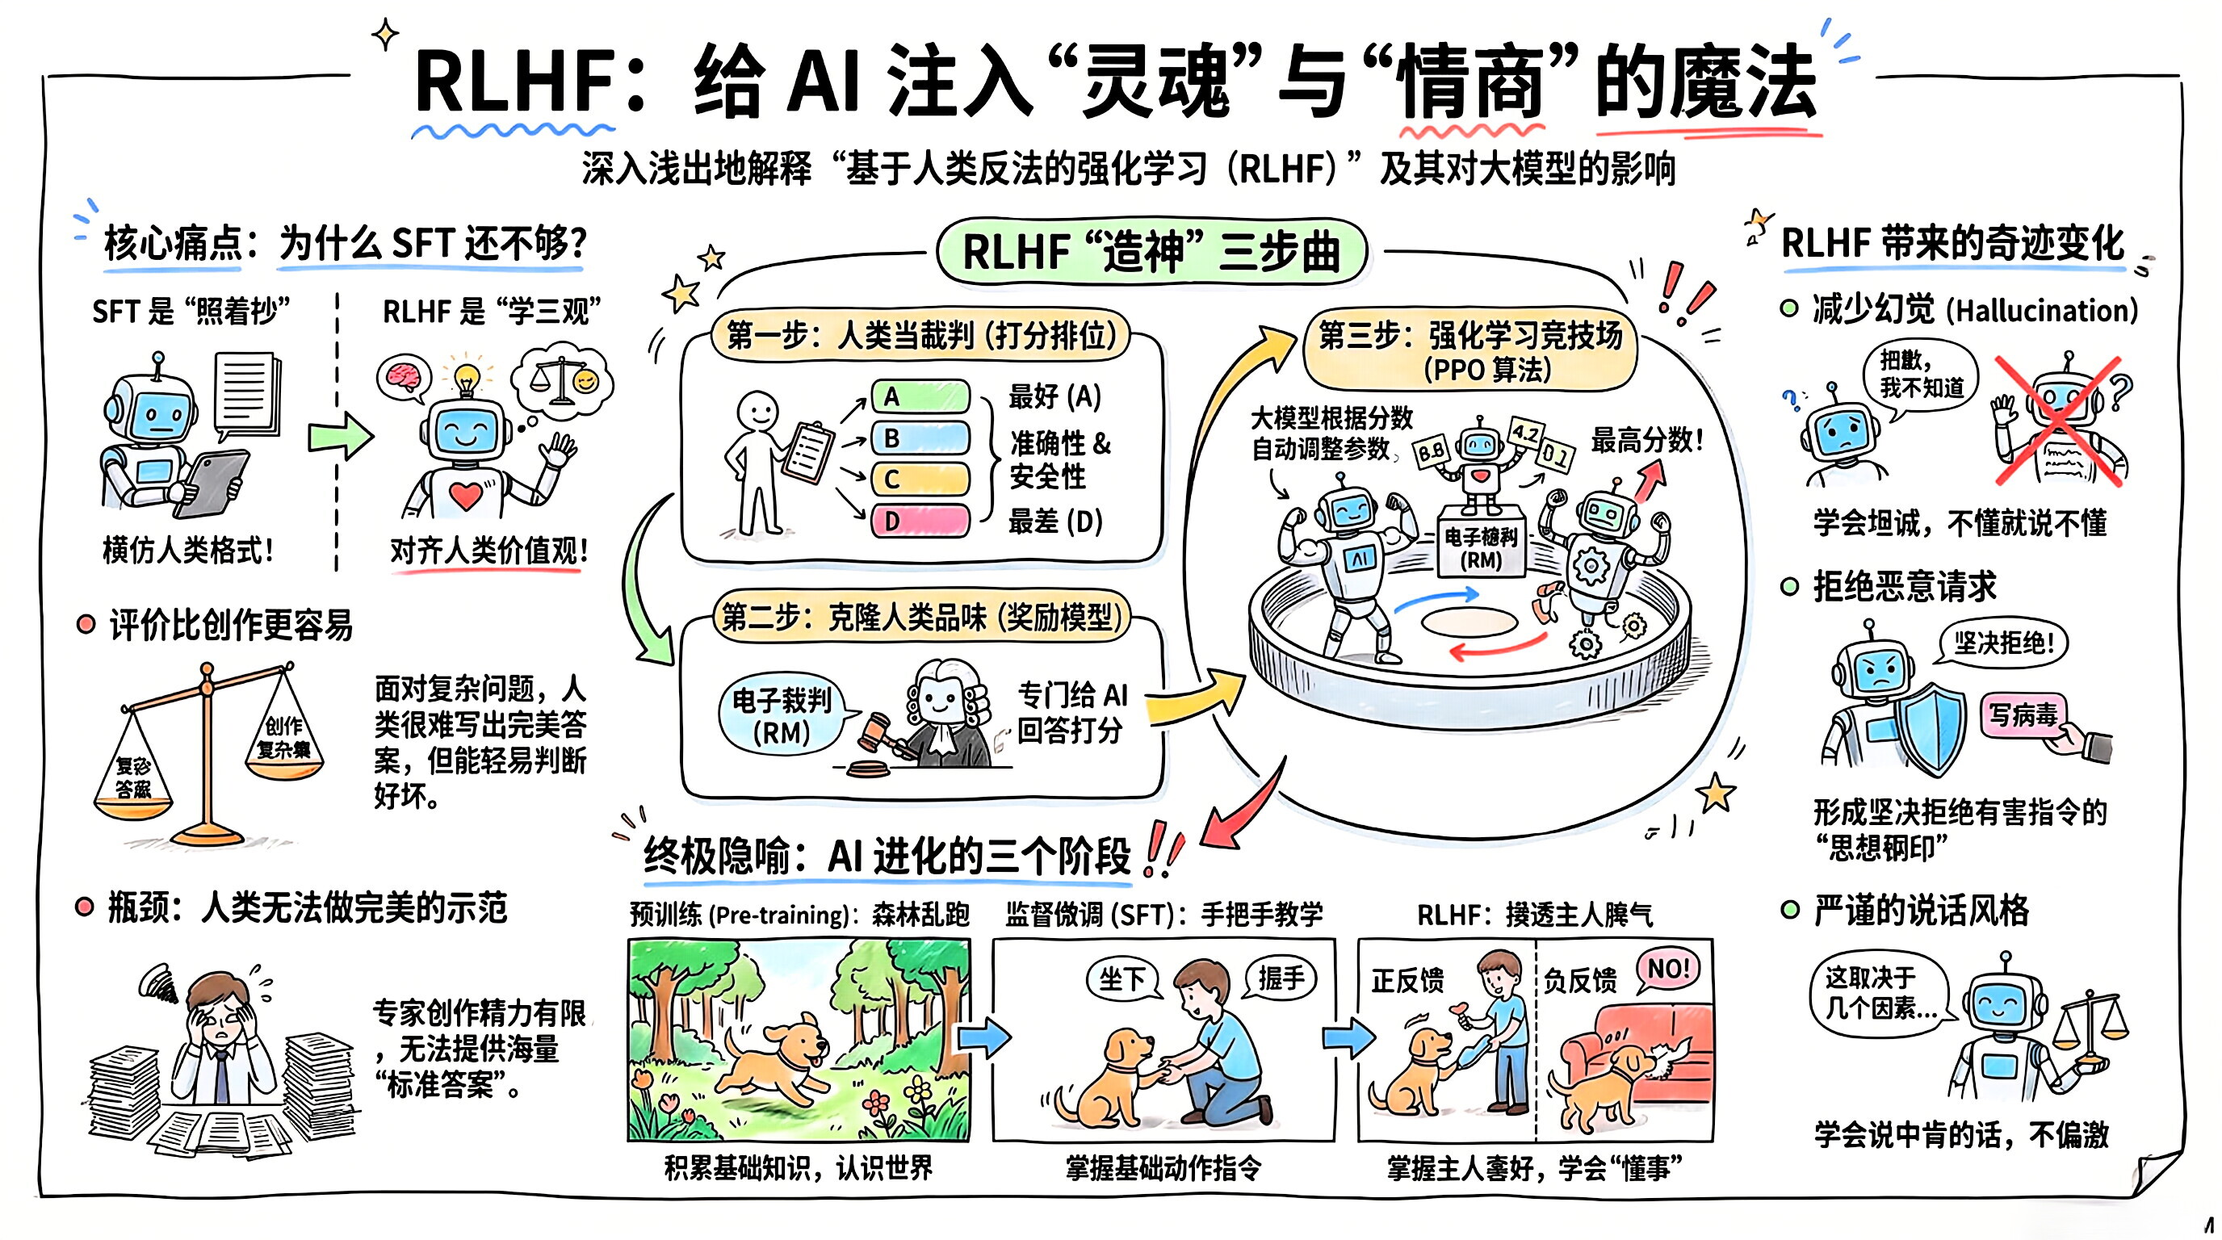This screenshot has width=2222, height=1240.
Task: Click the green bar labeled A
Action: (920, 396)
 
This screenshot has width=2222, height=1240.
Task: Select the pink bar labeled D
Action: (920, 521)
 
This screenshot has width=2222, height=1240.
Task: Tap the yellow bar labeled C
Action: (920, 479)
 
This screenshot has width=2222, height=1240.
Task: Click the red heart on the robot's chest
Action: (465, 495)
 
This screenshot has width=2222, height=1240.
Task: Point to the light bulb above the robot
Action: (466, 377)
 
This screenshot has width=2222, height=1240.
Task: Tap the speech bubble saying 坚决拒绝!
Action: (2003, 643)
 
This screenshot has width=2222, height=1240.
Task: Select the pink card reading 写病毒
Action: (2023, 714)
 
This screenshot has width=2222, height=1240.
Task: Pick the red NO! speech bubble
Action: (1668, 970)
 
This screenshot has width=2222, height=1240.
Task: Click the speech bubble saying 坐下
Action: (1121, 979)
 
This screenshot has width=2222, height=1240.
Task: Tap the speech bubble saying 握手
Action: (1281, 978)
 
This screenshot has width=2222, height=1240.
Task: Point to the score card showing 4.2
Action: (1525, 433)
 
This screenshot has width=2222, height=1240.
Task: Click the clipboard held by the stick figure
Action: (808, 454)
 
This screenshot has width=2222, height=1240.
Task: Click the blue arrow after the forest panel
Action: (983, 1037)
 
